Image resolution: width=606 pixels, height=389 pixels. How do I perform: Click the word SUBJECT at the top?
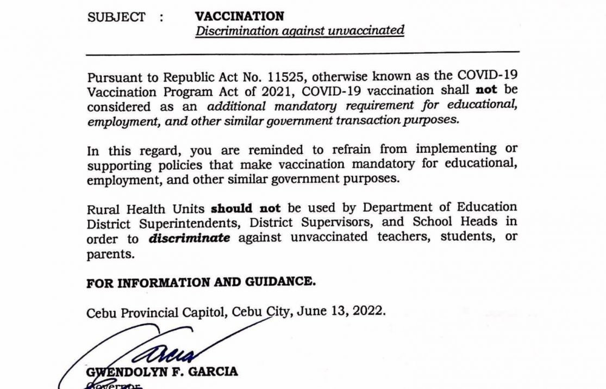116,17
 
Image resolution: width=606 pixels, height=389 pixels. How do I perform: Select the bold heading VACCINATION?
240,16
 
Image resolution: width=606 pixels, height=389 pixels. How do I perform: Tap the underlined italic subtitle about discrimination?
299,30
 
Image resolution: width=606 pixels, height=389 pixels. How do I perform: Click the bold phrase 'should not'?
246,208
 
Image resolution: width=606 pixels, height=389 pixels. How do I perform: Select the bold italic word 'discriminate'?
189,238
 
